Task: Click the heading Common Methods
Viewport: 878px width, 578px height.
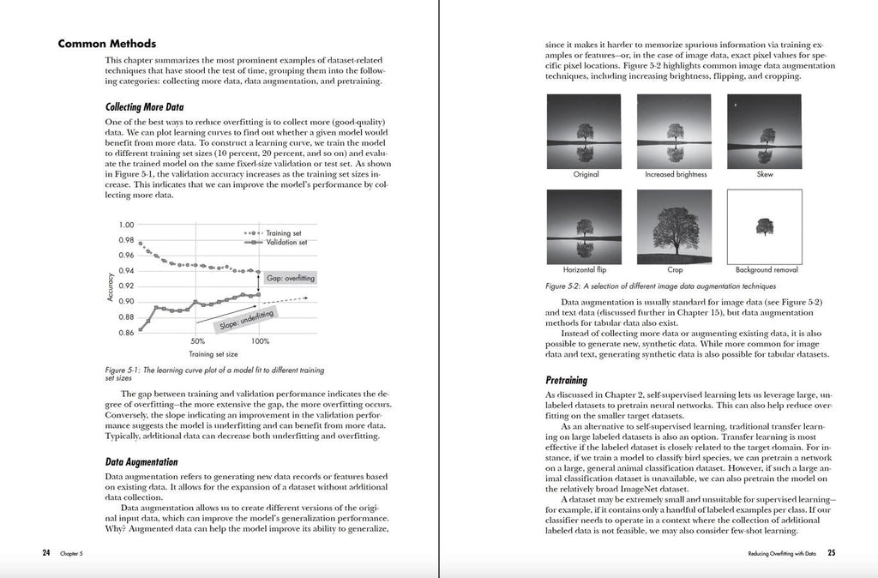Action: click(107, 44)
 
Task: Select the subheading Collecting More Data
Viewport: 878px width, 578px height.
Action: click(144, 108)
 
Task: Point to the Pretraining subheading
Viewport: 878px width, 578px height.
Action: click(566, 379)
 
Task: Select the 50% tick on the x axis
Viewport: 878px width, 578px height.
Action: click(198, 340)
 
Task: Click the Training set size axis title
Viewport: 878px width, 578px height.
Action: click(214, 352)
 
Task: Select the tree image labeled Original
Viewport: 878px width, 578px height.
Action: click(586, 130)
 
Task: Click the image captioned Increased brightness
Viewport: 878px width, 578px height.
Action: click(677, 130)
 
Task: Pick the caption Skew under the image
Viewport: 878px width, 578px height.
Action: click(766, 174)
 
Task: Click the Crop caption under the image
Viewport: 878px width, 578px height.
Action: click(676, 269)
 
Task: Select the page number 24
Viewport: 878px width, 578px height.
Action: click(46, 552)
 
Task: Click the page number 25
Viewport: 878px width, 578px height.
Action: click(831, 552)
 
